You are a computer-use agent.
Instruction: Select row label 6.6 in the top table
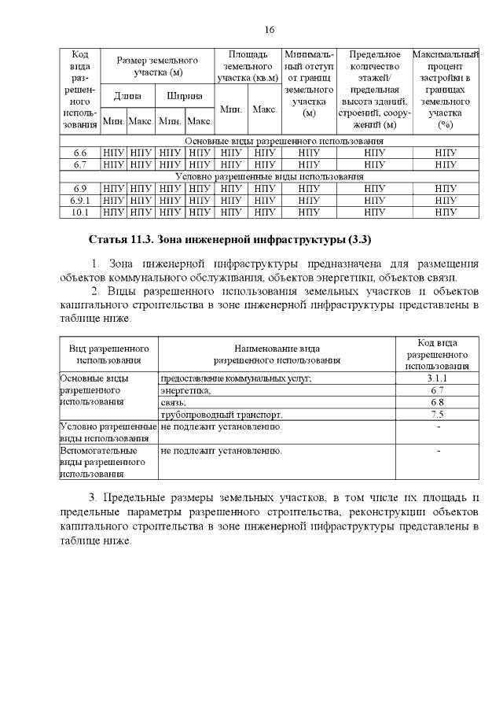(79, 152)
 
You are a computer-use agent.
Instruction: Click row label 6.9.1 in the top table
(79, 200)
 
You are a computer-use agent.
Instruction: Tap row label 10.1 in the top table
(79, 212)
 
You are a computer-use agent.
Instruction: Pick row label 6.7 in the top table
(79, 164)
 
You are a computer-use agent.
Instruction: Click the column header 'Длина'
(127, 96)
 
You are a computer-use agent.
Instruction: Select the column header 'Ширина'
(185, 96)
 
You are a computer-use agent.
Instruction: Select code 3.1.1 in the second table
(437, 378)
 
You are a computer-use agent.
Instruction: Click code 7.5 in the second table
(437, 415)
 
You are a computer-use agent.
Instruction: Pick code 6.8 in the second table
(437, 403)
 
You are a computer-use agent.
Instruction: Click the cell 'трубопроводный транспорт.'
(221, 415)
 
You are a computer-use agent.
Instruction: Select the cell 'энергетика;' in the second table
(185, 390)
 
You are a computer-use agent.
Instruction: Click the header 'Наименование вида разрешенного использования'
(277, 354)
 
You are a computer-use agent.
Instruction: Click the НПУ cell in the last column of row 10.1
(446, 212)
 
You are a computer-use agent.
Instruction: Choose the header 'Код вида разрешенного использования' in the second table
(437, 354)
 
